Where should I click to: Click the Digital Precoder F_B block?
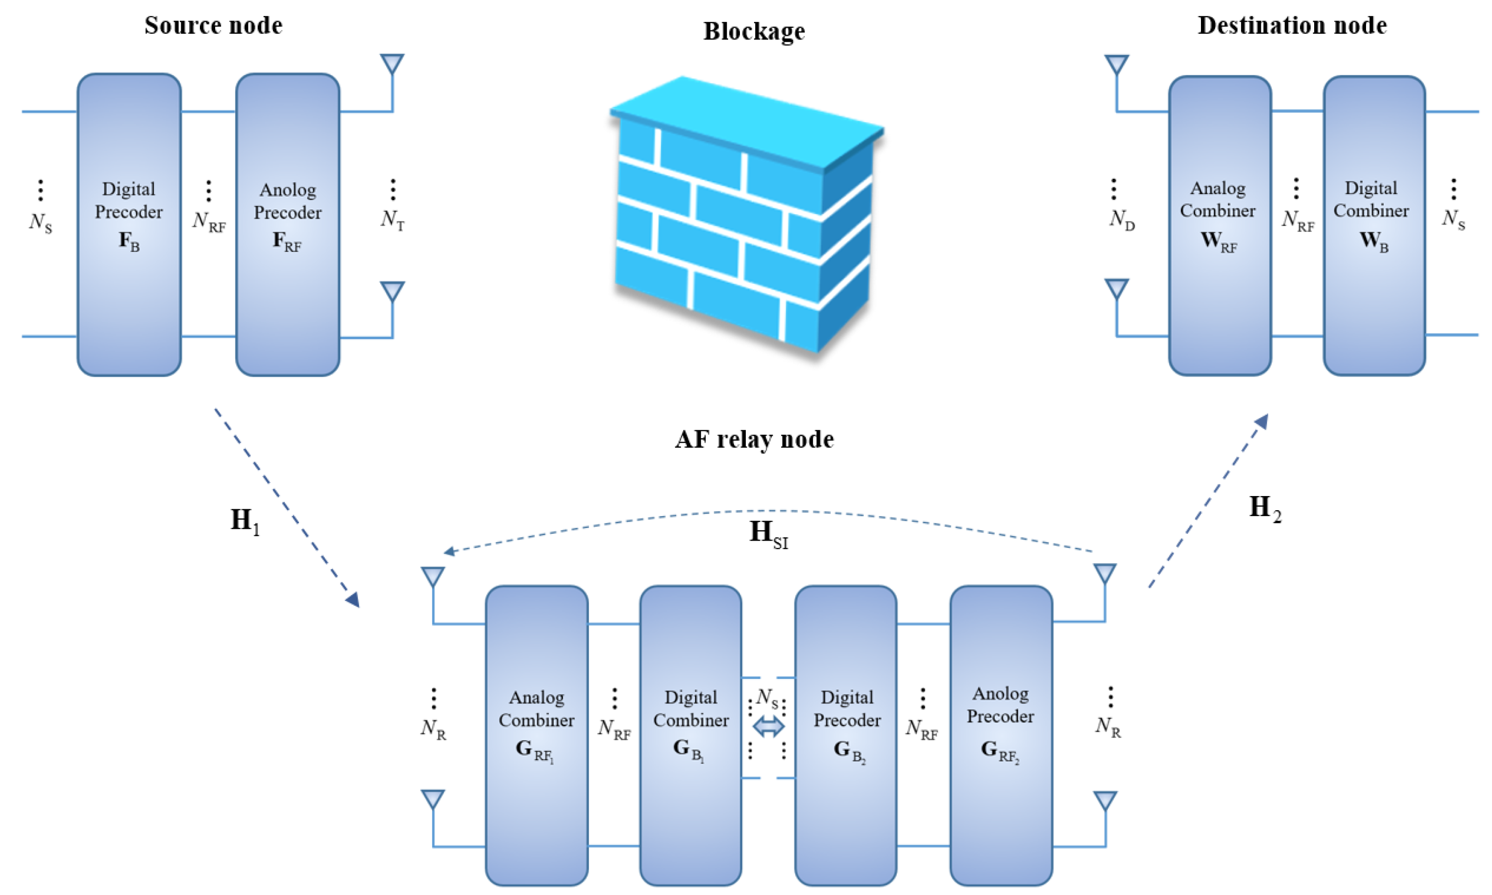(129, 224)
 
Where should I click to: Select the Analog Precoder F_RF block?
(288, 224)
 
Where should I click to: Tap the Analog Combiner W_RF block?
(1220, 225)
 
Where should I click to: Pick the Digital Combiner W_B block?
(1374, 225)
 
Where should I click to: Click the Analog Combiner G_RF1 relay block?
(537, 735)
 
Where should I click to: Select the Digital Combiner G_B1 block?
(690, 735)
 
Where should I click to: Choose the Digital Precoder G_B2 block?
(846, 735)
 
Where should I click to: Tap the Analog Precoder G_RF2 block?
(1001, 735)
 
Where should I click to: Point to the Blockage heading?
(754, 31)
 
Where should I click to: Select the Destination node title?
(1292, 25)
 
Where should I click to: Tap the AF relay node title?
(754, 439)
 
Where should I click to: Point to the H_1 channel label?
(244, 521)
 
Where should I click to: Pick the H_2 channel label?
(1264, 508)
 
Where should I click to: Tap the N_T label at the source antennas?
(392, 219)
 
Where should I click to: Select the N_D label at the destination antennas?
(1121, 219)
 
